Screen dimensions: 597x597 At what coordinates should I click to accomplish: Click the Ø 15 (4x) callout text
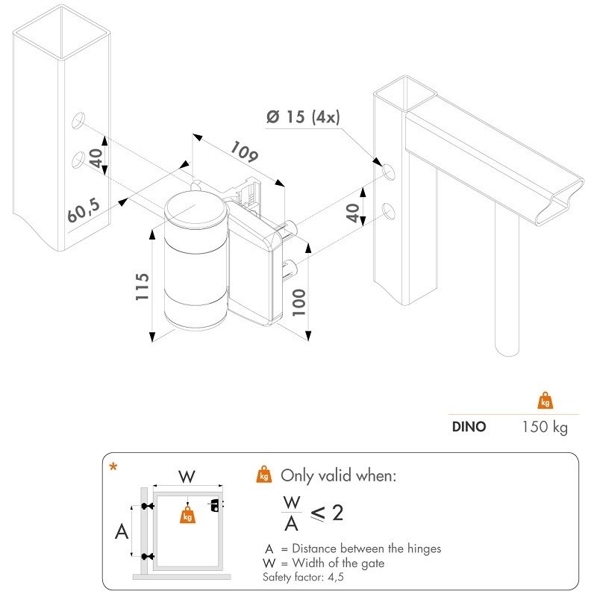click(304, 117)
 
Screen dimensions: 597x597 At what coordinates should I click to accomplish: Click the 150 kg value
click(544, 427)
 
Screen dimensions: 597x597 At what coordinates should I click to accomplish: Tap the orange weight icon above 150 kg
click(545, 401)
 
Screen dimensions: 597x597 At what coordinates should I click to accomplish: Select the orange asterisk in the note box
click(113, 468)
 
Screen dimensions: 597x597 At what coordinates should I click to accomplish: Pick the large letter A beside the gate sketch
click(120, 532)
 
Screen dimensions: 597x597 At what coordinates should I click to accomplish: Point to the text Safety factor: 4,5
click(303, 578)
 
